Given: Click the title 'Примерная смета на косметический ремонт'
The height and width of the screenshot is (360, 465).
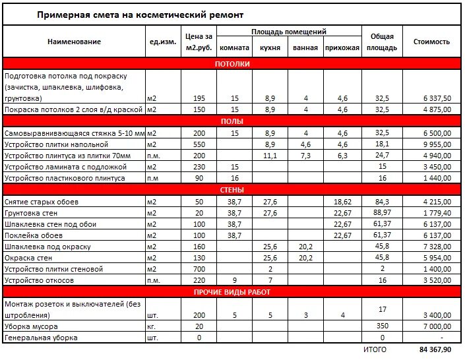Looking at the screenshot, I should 140,14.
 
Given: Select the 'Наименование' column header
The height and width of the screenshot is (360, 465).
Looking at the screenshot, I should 74,42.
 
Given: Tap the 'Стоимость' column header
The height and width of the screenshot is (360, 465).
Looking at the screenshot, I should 431,42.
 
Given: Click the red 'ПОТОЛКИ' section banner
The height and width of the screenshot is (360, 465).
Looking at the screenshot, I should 232,64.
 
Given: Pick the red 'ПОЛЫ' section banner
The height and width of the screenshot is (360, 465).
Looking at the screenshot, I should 232,121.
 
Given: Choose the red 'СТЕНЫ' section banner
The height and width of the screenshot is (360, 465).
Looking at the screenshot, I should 232,191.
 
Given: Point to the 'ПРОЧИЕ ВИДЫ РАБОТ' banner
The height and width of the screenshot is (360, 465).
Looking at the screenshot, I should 232,292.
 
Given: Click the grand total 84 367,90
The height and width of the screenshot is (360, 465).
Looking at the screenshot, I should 435,349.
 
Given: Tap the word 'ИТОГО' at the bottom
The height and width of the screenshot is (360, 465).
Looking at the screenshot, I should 375,349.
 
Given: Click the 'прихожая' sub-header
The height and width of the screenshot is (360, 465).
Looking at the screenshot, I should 342,47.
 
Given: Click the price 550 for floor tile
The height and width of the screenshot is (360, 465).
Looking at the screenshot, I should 199,144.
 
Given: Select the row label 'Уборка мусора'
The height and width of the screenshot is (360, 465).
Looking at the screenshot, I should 31,326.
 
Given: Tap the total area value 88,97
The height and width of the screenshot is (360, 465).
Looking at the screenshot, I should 382,213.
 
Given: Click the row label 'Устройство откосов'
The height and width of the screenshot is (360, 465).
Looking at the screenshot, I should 39,280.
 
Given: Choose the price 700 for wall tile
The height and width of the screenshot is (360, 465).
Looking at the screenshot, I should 199,269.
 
